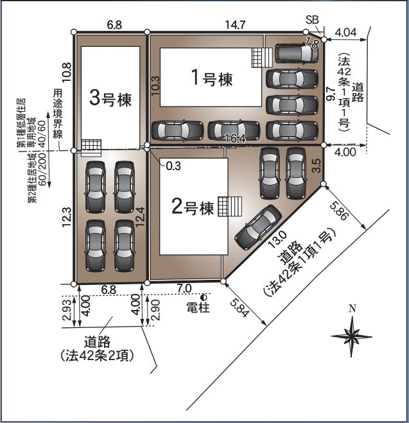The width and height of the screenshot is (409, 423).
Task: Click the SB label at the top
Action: pyautogui.click(x=313, y=20)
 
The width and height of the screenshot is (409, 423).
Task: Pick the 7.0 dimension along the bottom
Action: pyautogui.click(x=185, y=289)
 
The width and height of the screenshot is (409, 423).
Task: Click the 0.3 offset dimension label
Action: pyautogui.click(x=173, y=166)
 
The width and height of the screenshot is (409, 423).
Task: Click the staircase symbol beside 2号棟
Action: pyautogui.click(x=229, y=207)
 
